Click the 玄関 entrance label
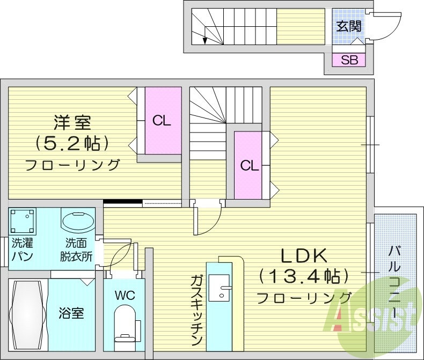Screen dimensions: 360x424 (349, 26)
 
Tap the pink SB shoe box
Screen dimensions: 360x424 (349, 60)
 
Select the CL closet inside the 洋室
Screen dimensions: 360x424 (162, 120)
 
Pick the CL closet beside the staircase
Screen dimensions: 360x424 (249, 165)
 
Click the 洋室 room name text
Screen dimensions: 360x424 (72, 122)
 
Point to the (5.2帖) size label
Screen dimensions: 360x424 (72, 143)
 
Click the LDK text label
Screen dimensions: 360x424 (303, 256)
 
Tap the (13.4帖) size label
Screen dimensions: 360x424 (304, 277)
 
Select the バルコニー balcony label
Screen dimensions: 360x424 (397, 282)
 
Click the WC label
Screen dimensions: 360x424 (124, 295)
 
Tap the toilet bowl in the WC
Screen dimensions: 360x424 (125, 322)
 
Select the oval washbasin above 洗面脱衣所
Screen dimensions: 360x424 (78, 221)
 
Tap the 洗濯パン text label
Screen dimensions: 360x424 (22, 249)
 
